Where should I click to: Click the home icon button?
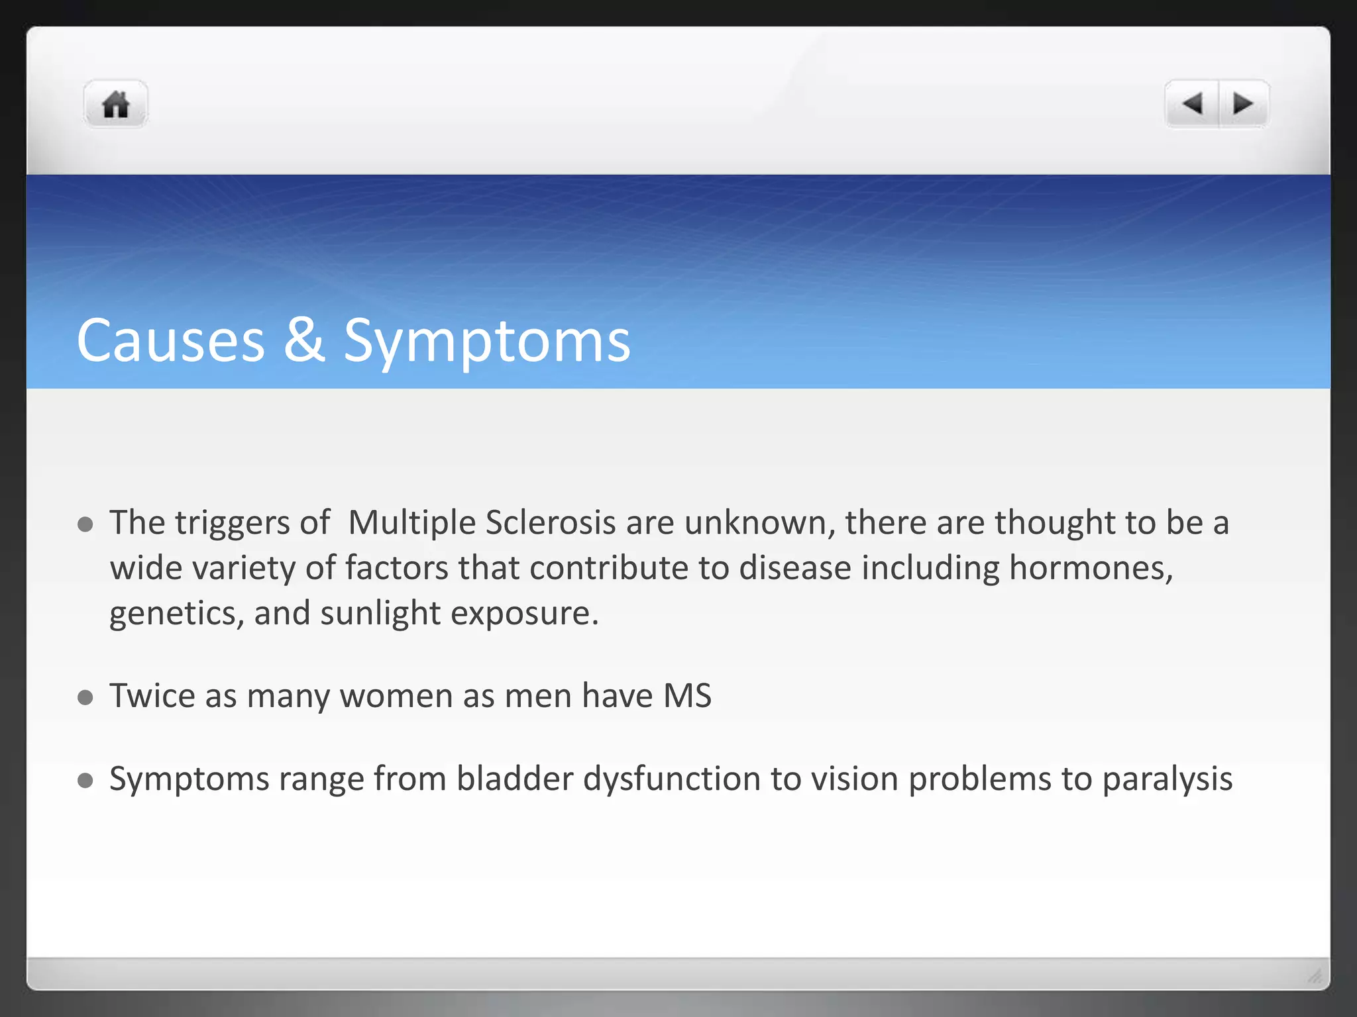[x=115, y=105]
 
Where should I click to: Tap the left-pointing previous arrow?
[x=1192, y=104]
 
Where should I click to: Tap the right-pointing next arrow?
[x=1243, y=104]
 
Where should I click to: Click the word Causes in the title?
[x=171, y=341]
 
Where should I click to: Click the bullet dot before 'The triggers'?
[x=85, y=525]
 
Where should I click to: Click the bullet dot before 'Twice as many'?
[x=85, y=697]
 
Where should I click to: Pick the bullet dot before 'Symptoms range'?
[x=85, y=780]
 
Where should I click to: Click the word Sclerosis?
[x=551, y=523]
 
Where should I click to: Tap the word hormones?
[x=1091, y=568]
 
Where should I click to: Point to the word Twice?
[x=152, y=697]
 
